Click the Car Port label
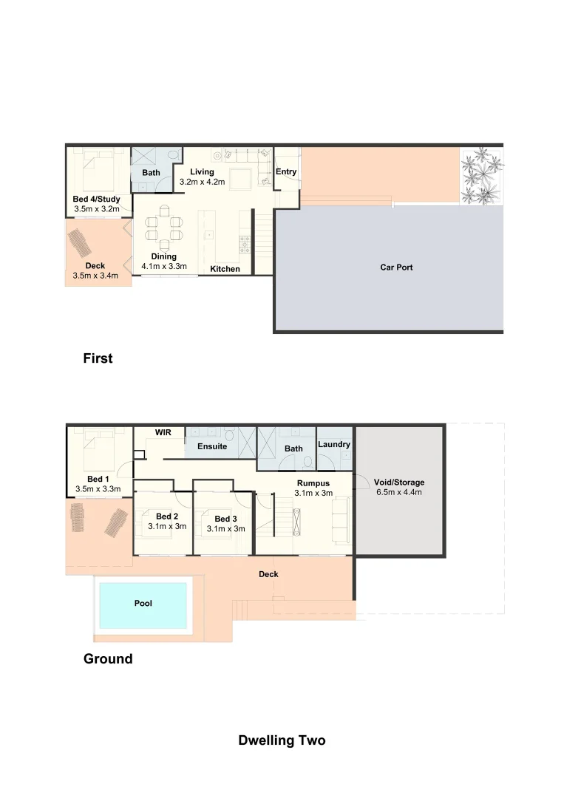point(396,267)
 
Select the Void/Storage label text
point(399,482)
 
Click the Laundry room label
point(334,445)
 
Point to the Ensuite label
point(211,447)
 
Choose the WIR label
point(163,432)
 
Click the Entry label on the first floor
point(286,172)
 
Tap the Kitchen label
point(225,269)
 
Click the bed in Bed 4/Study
point(97,169)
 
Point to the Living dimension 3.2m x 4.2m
point(202,182)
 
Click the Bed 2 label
point(167,516)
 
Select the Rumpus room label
point(314,483)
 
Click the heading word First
point(98,359)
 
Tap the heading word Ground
point(108,659)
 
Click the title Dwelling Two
point(282,740)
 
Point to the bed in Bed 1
point(97,449)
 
